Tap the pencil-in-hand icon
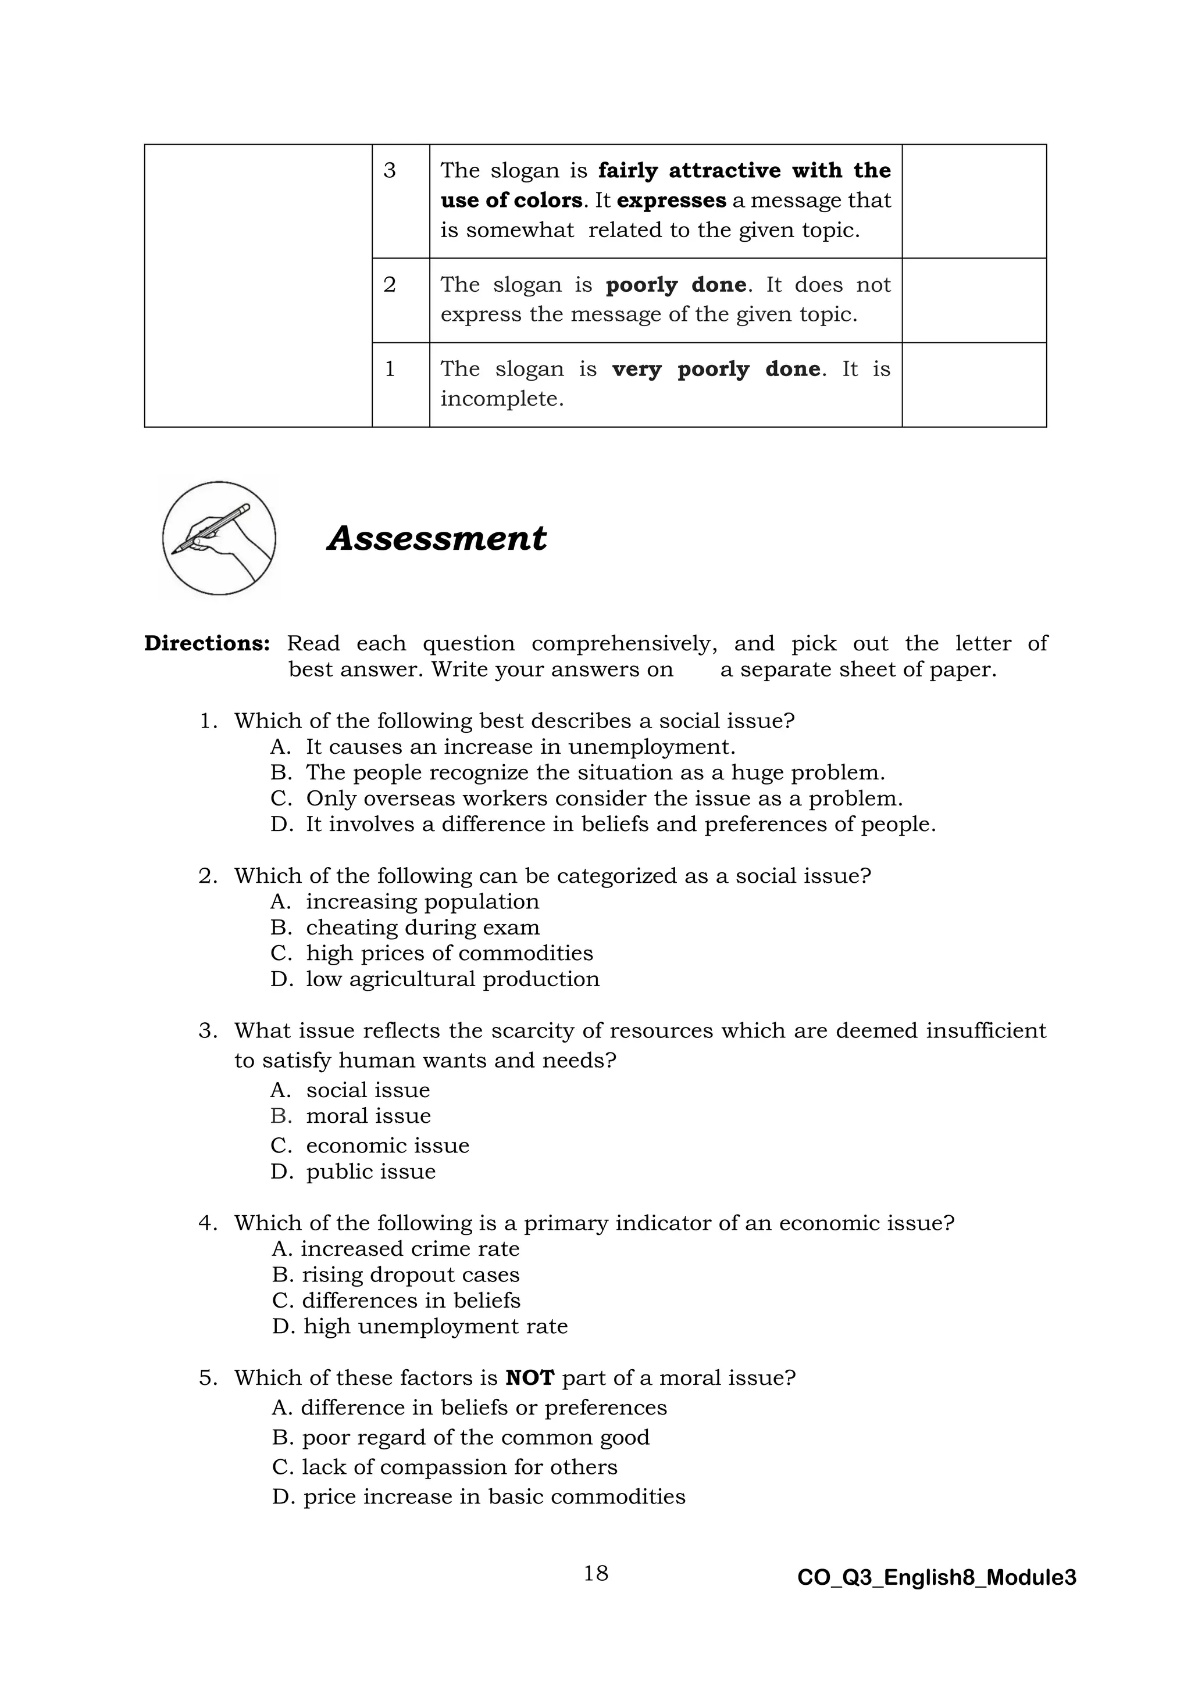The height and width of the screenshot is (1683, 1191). [x=219, y=538]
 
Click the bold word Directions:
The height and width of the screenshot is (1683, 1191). [x=207, y=643]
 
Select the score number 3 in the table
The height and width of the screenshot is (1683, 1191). [x=390, y=171]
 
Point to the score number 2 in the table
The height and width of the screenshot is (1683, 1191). [x=390, y=284]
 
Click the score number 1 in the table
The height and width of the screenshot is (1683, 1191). [x=390, y=368]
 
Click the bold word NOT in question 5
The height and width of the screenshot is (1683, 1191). [x=530, y=1378]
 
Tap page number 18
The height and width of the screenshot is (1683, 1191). [x=595, y=1573]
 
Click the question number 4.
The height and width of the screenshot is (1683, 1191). [x=207, y=1223]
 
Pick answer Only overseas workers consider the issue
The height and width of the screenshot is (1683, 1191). [x=604, y=798]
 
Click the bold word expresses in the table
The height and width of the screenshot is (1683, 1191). [x=671, y=201]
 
